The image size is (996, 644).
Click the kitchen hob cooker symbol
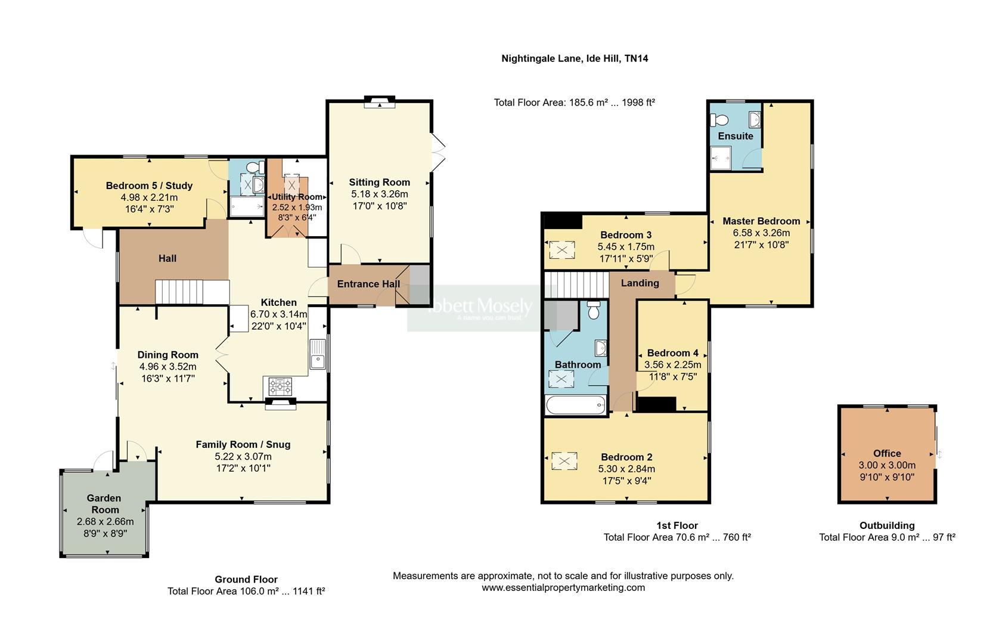(x=281, y=387)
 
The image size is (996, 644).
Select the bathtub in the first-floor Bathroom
(x=576, y=405)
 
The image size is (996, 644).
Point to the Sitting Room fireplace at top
(x=379, y=102)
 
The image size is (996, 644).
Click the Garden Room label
(x=104, y=504)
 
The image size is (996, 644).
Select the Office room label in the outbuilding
(x=887, y=453)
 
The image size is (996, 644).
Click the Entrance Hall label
(x=368, y=284)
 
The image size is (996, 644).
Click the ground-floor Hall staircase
(x=179, y=292)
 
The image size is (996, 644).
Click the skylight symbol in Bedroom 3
(x=561, y=250)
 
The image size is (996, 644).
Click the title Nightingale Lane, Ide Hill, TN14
(x=575, y=58)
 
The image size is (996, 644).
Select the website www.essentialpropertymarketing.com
(x=563, y=587)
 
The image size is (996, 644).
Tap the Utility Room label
(x=297, y=197)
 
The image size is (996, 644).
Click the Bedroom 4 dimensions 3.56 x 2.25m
(x=672, y=365)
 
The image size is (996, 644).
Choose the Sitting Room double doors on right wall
(x=438, y=151)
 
